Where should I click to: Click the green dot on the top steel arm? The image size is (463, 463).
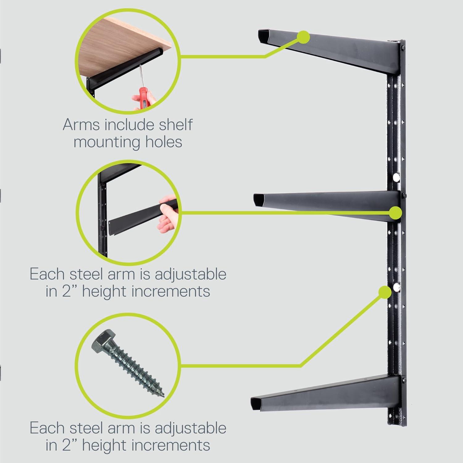304,36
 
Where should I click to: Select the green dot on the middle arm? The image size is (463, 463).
395,212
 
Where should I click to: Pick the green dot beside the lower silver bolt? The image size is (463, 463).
385,291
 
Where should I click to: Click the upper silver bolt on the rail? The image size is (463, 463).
396,177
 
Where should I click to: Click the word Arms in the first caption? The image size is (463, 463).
82,125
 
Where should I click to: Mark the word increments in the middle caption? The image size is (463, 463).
171,291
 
